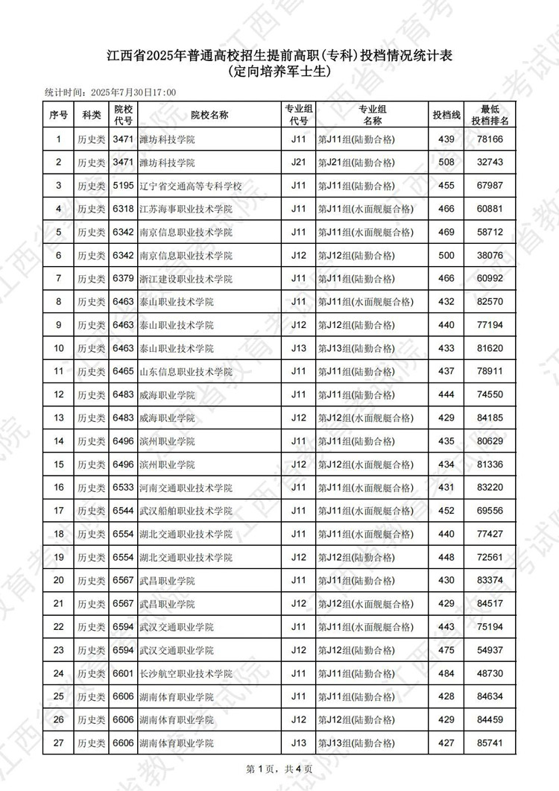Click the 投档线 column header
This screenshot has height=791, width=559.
coord(446,116)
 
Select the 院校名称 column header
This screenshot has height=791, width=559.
coord(209,116)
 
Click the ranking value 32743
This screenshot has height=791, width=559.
coord(490,163)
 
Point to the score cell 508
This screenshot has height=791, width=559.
coord(446,163)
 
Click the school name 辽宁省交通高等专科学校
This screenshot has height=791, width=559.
coord(191,186)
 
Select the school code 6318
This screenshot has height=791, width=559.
coord(123,209)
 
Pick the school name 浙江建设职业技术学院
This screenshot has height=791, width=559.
coord(186,279)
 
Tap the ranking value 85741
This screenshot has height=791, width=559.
coord(490,743)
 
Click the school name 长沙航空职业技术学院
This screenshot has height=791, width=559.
coord(186,674)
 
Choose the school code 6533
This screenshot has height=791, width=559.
coord(123,488)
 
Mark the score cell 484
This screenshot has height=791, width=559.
coord(446,674)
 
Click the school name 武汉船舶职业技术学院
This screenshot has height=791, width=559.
coord(186,511)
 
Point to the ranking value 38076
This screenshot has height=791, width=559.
coord(490,256)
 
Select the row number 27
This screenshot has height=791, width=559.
coord(59,743)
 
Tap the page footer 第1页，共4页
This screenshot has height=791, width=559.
coord(279,769)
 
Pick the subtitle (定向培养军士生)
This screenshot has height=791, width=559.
coord(279,72)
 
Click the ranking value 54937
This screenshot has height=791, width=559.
coord(490,651)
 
